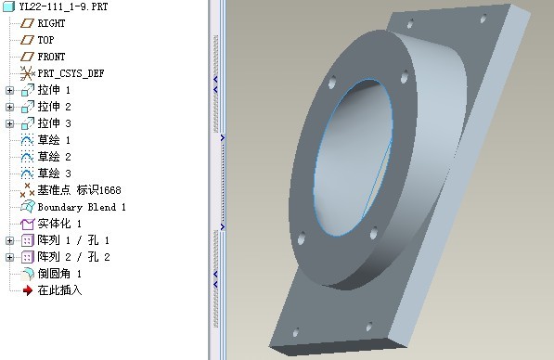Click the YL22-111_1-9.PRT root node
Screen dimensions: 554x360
(x=64, y=6)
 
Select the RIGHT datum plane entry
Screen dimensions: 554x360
(x=51, y=23)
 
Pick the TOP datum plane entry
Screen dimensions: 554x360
(x=45, y=40)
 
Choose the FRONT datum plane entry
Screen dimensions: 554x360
(x=51, y=57)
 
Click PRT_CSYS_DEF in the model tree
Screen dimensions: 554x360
(x=71, y=73)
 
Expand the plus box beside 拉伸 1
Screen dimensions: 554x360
(x=10, y=90)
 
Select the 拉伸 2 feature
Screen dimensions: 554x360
(x=54, y=107)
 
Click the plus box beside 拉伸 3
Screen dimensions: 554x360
(x=10, y=123)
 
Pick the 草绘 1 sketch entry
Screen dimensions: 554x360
(x=54, y=140)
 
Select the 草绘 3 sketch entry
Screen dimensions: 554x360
(x=54, y=174)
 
